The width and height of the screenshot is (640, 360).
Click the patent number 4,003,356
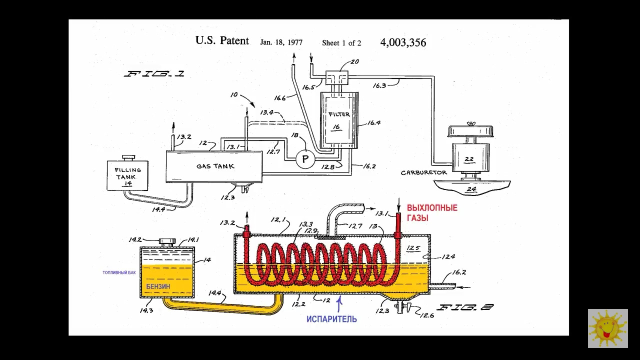403,42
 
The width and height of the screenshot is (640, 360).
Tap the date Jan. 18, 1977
281,42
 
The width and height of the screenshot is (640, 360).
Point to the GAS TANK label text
215,166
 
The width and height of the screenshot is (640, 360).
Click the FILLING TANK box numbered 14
128,175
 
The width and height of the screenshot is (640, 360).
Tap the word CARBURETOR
423,173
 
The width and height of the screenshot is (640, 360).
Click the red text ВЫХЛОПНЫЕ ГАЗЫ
432,213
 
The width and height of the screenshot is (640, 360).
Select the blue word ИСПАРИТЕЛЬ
331,319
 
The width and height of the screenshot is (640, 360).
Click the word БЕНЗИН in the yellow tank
158,286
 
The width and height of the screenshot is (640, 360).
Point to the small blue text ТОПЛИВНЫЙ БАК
119,273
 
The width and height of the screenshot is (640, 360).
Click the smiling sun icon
607,328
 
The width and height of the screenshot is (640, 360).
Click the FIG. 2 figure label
464,307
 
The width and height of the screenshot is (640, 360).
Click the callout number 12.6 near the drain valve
426,315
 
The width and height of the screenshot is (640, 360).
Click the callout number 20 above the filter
354,62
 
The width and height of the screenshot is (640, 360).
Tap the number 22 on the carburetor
469,159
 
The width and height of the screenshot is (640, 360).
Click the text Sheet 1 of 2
341,43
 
